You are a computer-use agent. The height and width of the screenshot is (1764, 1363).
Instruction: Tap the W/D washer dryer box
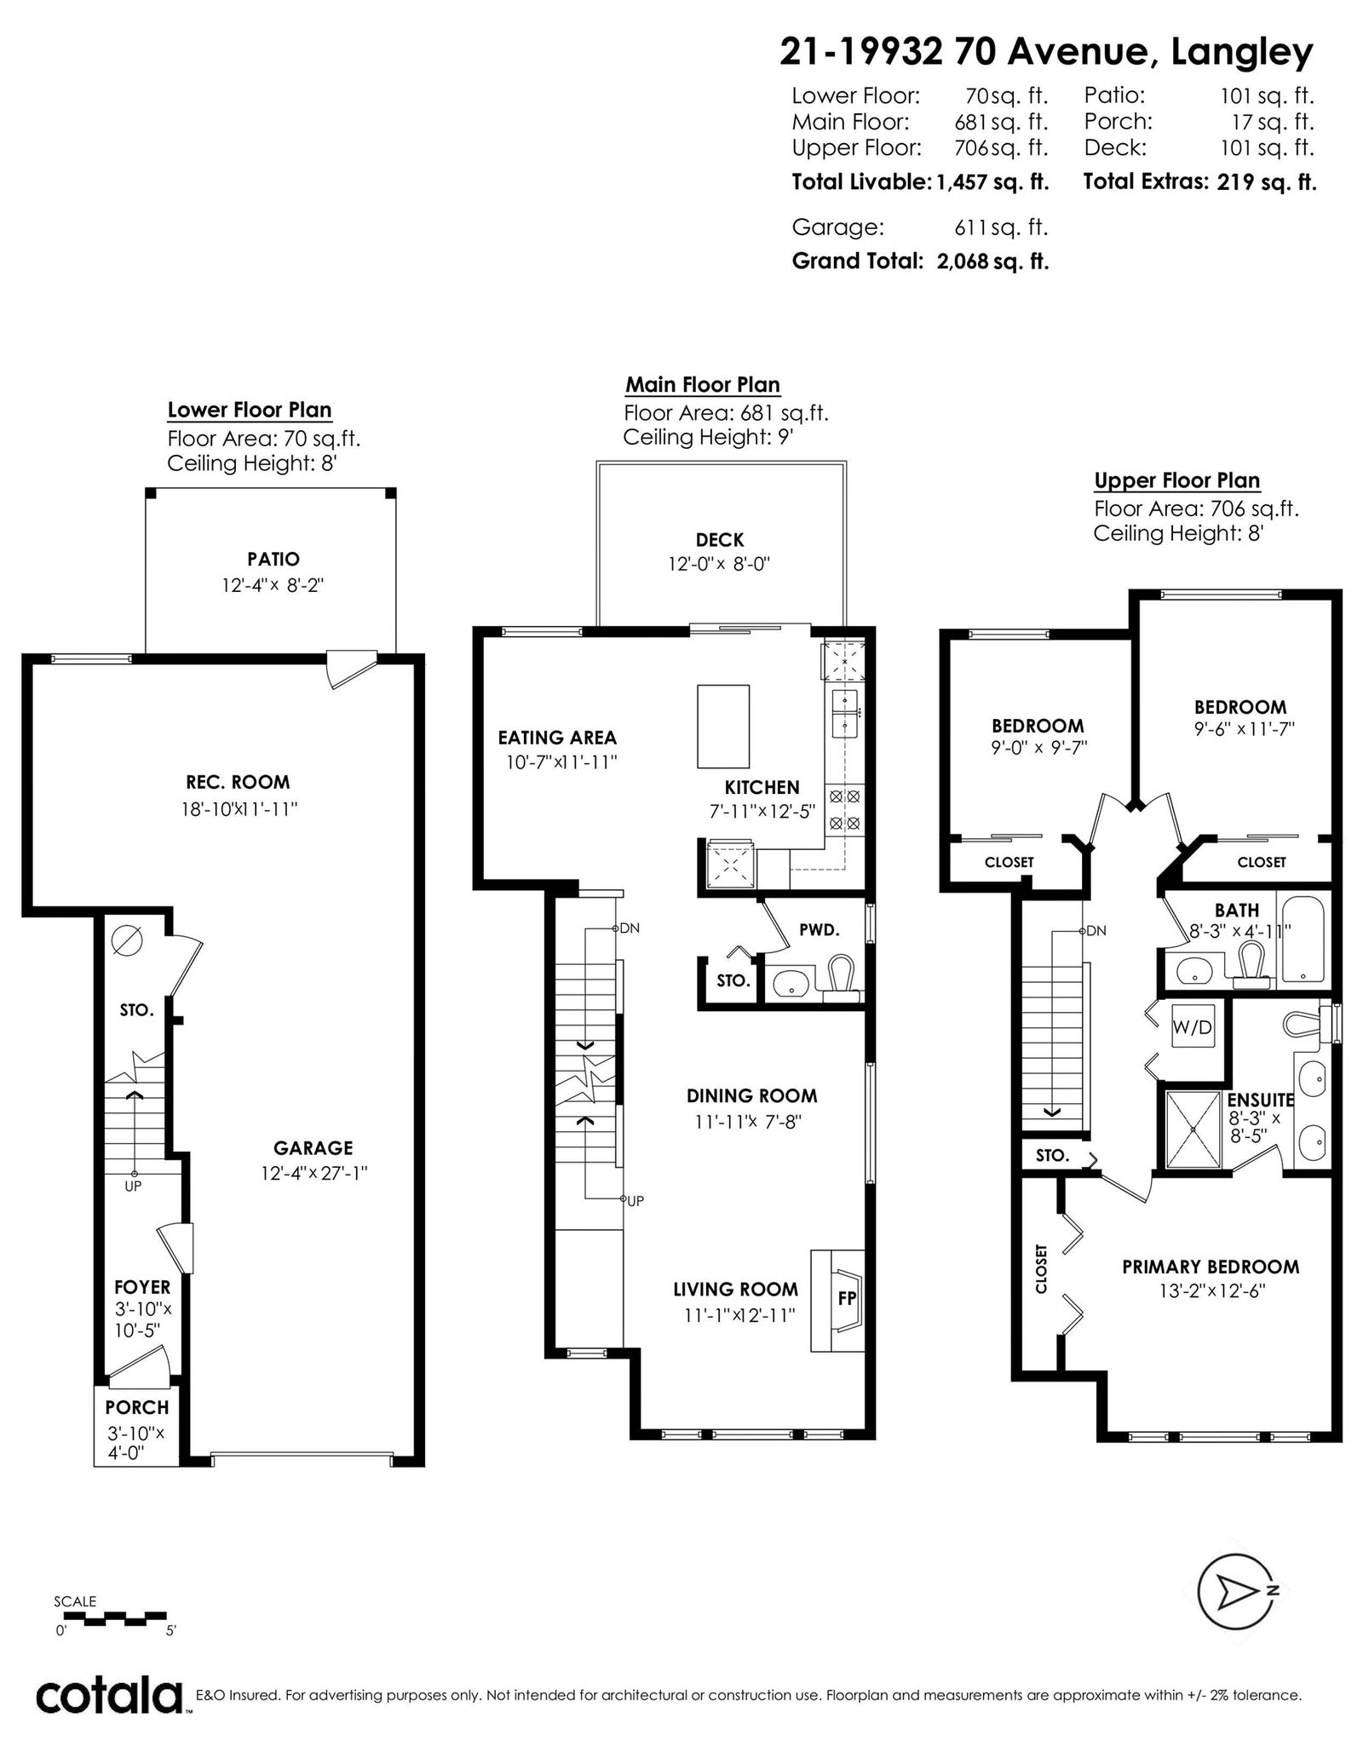(x=1192, y=1027)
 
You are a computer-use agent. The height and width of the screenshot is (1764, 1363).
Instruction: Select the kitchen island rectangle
(x=723, y=727)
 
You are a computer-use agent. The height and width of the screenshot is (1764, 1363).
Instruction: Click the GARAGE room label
(x=313, y=1147)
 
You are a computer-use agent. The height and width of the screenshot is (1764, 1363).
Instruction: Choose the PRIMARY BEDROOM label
(x=1211, y=1267)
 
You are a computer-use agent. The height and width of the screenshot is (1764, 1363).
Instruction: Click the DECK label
(x=720, y=539)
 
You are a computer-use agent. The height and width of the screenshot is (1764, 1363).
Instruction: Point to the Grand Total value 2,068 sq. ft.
(x=992, y=261)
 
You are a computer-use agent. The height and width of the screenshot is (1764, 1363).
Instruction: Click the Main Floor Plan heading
(x=703, y=385)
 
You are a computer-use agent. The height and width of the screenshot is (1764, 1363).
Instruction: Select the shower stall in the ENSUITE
(x=1193, y=1129)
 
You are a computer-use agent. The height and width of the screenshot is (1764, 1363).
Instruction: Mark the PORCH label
(x=137, y=1408)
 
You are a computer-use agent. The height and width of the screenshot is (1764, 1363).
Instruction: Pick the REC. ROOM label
(x=238, y=782)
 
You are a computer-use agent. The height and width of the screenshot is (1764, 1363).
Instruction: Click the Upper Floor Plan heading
(x=1176, y=480)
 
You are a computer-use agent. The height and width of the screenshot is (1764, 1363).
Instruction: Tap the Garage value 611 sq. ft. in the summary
(x=1001, y=227)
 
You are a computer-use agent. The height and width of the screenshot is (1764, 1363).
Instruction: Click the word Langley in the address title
(x=1242, y=53)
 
